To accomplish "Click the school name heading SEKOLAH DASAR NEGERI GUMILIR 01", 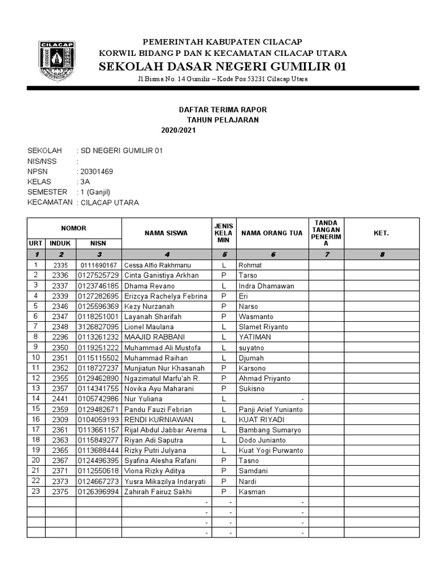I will pyautogui.click(x=222, y=67).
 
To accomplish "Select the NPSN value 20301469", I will pyautogui.click(x=97, y=172).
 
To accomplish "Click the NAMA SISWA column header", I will pyautogui.click(x=166, y=233).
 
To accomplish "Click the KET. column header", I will pyautogui.click(x=381, y=233).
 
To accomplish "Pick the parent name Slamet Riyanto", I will pyautogui.click(x=263, y=327).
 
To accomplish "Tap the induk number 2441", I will pyautogui.click(x=60, y=399).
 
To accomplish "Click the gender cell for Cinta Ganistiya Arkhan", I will pyautogui.click(x=224, y=275).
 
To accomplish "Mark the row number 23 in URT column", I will pyautogui.click(x=36, y=491).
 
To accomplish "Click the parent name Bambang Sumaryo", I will pyautogui.click(x=270, y=430).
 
